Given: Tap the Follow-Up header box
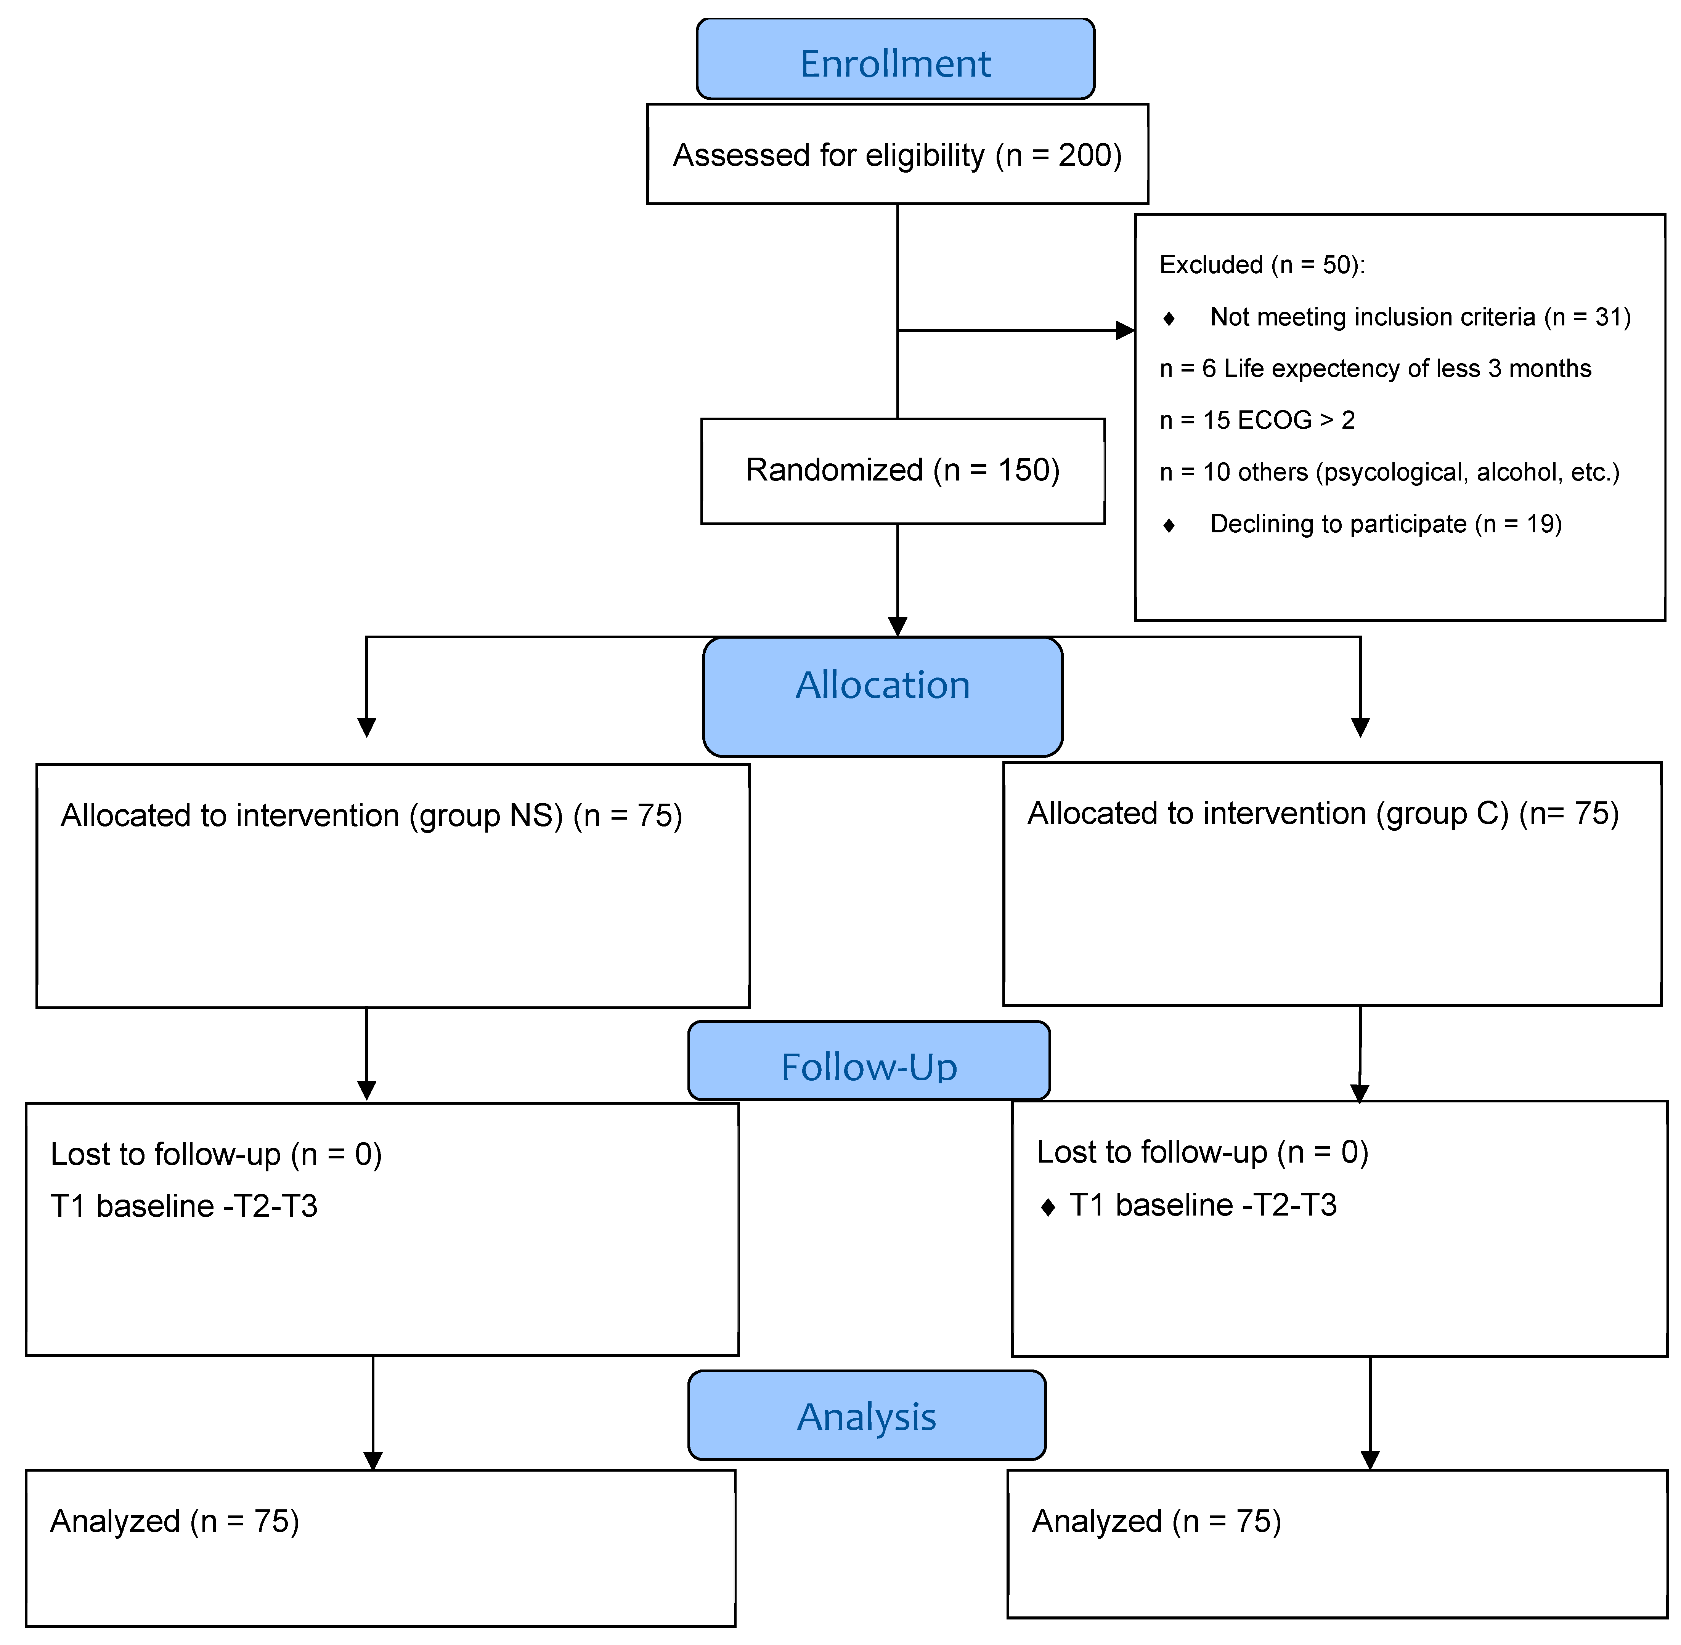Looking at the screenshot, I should [869, 1060].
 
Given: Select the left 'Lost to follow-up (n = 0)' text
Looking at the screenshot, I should [216, 1154].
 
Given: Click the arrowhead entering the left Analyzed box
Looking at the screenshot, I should [372, 1460].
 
